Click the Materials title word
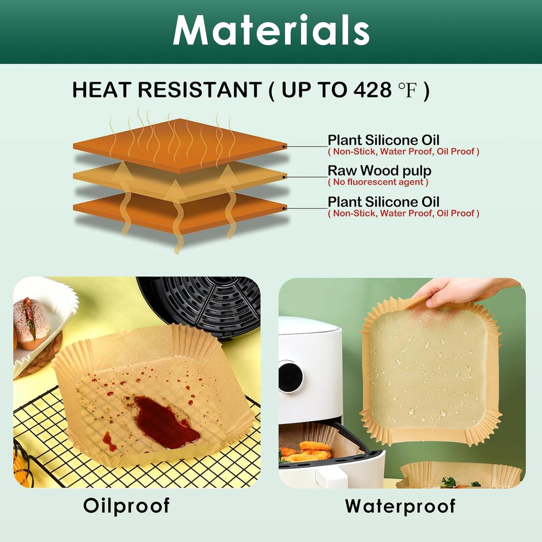[x=271, y=31]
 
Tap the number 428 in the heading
[x=367, y=90]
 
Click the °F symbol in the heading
[x=407, y=90]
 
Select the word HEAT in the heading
[x=101, y=90]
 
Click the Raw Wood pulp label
[x=379, y=171]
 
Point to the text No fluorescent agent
[x=378, y=182]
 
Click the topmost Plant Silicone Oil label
[x=383, y=140]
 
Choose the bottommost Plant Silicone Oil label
[x=383, y=202]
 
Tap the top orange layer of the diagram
[x=180, y=144]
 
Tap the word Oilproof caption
[x=126, y=506]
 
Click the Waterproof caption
[x=400, y=506]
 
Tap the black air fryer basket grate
[x=210, y=304]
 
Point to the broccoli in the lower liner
[x=449, y=481]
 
